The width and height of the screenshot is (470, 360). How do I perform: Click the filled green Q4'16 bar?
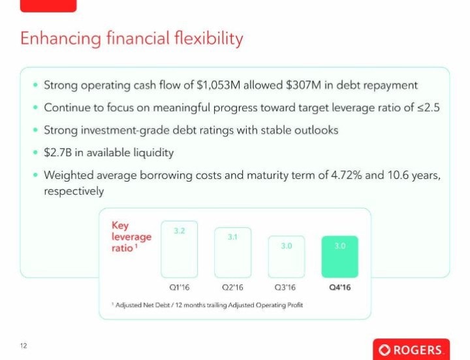[x=339, y=257]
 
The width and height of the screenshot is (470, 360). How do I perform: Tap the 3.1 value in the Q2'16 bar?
[x=232, y=237]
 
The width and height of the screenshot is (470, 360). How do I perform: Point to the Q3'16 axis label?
[x=285, y=287]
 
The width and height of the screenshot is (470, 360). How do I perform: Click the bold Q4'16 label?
[x=340, y=287]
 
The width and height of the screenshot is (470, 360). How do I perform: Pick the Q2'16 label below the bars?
[x=232, y=287]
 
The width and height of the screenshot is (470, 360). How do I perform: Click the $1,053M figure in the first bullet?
[x=219, y=85]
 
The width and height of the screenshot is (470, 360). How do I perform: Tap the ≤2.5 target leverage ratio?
[x=429, y=107]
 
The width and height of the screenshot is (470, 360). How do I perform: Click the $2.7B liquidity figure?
[x=58, y=152]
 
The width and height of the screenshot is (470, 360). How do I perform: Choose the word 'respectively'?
[x=74, y=191]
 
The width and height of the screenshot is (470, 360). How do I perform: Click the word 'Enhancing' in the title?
[x=61, y=39]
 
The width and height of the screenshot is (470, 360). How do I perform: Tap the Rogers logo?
[x=411, y=350]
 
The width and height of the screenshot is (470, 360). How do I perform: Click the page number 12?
[x=23, y=346]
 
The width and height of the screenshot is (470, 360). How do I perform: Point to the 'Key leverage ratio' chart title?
[x=131, y=237]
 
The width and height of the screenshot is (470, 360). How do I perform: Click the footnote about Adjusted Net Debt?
[x=207, y=305]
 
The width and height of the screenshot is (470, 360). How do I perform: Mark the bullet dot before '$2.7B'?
[x=36, y=152]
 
